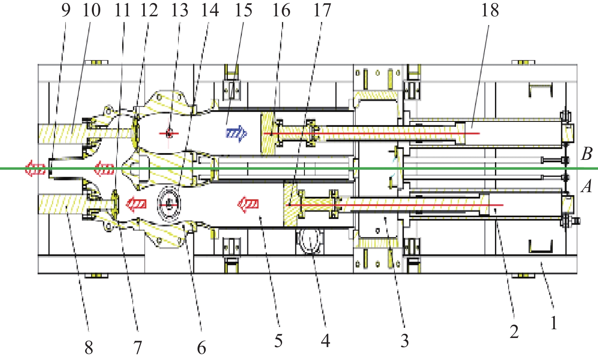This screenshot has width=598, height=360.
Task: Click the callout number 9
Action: (x=66, y=10)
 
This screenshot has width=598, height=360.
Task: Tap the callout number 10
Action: (x=92, y=10)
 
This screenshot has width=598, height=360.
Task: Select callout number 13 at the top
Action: (x=179, y=10)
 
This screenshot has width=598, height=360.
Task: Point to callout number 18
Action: (x=490, y=10)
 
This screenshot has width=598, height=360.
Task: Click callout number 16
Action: (x=281, y=10)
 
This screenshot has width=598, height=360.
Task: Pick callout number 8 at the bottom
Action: (x=88, y=346)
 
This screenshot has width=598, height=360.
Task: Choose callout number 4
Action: (x=325, y=340)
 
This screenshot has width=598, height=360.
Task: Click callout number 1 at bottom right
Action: (x=554, y=323)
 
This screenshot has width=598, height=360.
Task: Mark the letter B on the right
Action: (x=587, y=154)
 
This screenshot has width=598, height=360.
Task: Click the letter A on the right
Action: (x=587, y=186)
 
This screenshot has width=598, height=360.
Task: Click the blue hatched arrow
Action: (x=236, y=133)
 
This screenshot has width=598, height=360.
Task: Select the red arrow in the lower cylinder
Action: (x=248, y=205)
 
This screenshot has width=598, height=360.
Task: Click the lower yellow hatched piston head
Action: (x=291, y=204)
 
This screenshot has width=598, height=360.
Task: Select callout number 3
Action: (x=405, y=341)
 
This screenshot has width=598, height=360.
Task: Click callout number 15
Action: (x=243, y=10)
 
